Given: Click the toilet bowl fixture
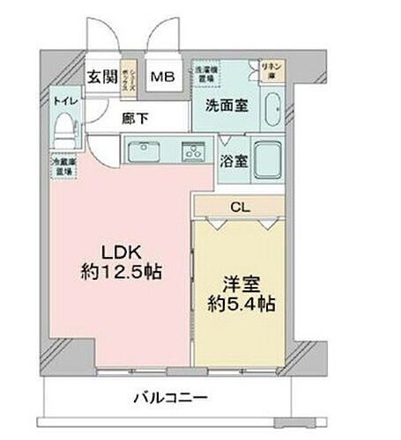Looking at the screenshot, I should pyautogui.click(x=63, y=131).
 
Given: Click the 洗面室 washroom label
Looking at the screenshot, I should pyautogui.click(x=226, y=104).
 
